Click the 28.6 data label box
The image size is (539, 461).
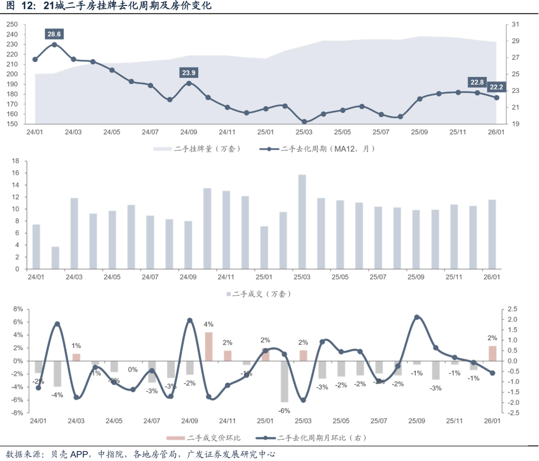pos(54,34)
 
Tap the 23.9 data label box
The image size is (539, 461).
pos(189,73)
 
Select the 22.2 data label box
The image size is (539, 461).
pos(496,87)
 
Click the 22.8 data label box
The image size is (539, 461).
pos(477,82)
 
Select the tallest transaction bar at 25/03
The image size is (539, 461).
pos(302,222)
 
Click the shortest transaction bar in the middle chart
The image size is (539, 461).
pos(55,257)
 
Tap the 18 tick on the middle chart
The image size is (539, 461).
pos(15,161)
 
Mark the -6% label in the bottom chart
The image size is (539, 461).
pos(284,411)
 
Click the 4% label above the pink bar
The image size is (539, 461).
pos(209,325)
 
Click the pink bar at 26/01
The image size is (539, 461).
pos(492,353)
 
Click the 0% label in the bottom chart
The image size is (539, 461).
pos(133,370)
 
